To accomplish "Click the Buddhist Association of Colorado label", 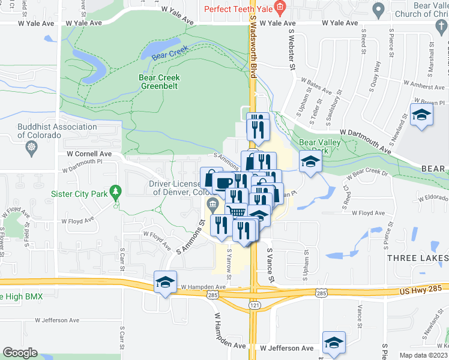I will (41, 131).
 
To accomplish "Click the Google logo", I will (20, 353).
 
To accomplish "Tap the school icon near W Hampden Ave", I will (165, 281).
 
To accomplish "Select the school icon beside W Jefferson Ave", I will (334, 341).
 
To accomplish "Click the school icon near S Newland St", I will (421, 115).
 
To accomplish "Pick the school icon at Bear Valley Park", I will (310, 162).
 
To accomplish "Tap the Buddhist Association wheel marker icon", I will (30, 148).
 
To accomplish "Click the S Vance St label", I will (270, 266).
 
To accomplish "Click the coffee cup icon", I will (223, 182).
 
